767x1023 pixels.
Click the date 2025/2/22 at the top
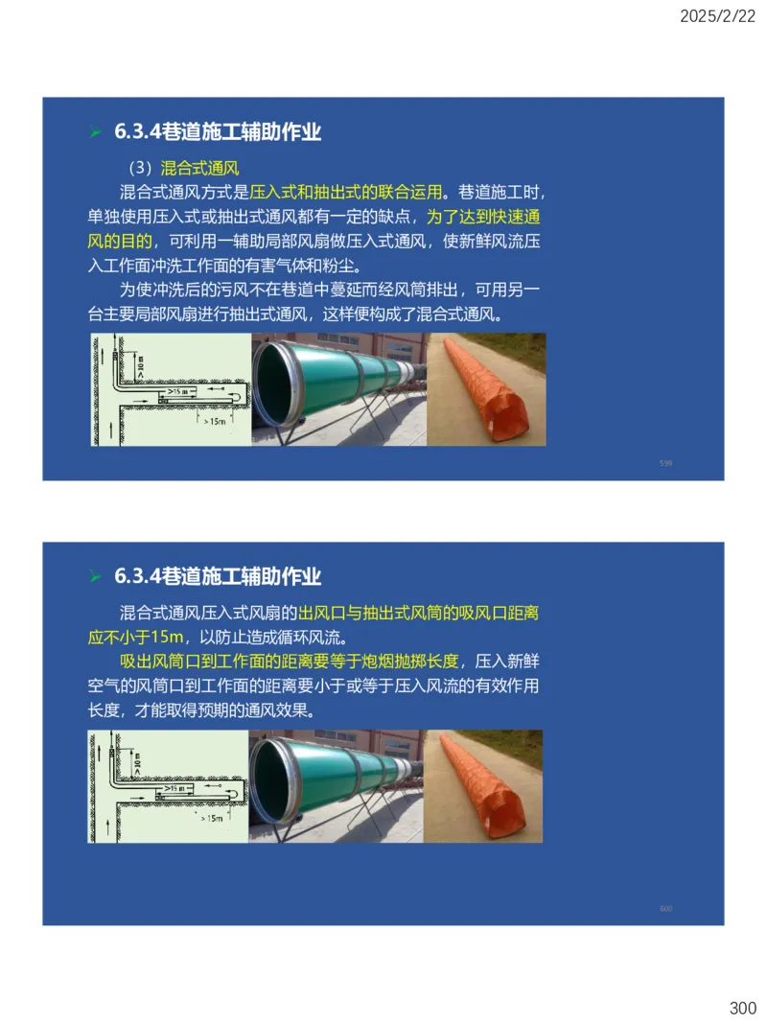(718, 16)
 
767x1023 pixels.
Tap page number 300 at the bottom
(742, 1008)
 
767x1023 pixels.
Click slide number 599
(666, 463)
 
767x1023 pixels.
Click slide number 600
(666, 908)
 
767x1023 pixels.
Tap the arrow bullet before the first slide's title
(95, 132)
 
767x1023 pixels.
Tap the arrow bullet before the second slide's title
(95, 577)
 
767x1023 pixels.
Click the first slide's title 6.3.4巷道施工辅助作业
(218, 132)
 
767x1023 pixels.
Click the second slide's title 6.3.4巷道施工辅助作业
(218, 577)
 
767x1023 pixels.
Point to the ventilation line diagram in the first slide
(171, 389)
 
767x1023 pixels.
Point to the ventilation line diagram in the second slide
(168, 786)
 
